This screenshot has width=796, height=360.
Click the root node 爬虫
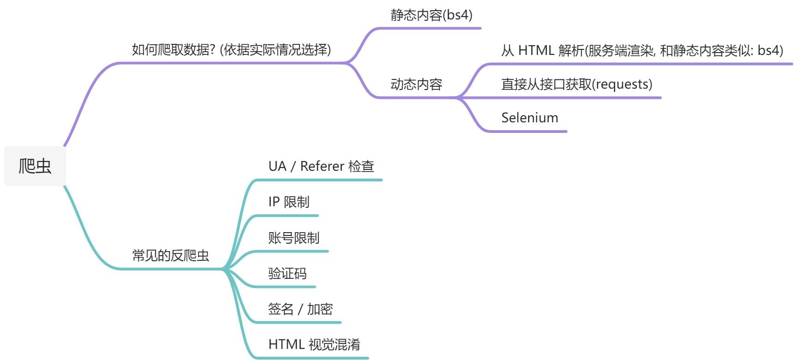tap(35, 166)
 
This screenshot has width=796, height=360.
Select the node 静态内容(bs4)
tap(431, 15)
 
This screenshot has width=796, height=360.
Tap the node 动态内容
tap(416, 84)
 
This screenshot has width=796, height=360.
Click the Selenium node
tap(530, 118)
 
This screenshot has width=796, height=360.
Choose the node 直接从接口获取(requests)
tap(577, 84)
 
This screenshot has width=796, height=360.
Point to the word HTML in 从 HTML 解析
tap(536, 50)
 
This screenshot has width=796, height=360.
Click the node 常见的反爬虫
tap(170, 255)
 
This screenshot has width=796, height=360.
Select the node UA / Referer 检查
tap(321, 166)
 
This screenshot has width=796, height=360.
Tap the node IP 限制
tap(289, 202)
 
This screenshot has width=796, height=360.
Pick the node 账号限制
tap(294, 238)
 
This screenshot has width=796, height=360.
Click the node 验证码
tap(287, 274)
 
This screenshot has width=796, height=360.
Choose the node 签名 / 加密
tap(300, 309)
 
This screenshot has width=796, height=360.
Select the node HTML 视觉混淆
tap(314, 345)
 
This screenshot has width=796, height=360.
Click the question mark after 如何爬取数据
tap(212, 50)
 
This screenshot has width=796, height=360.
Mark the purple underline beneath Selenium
tap(526, 132)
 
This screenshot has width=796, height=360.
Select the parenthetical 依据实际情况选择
tap(276, 50)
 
